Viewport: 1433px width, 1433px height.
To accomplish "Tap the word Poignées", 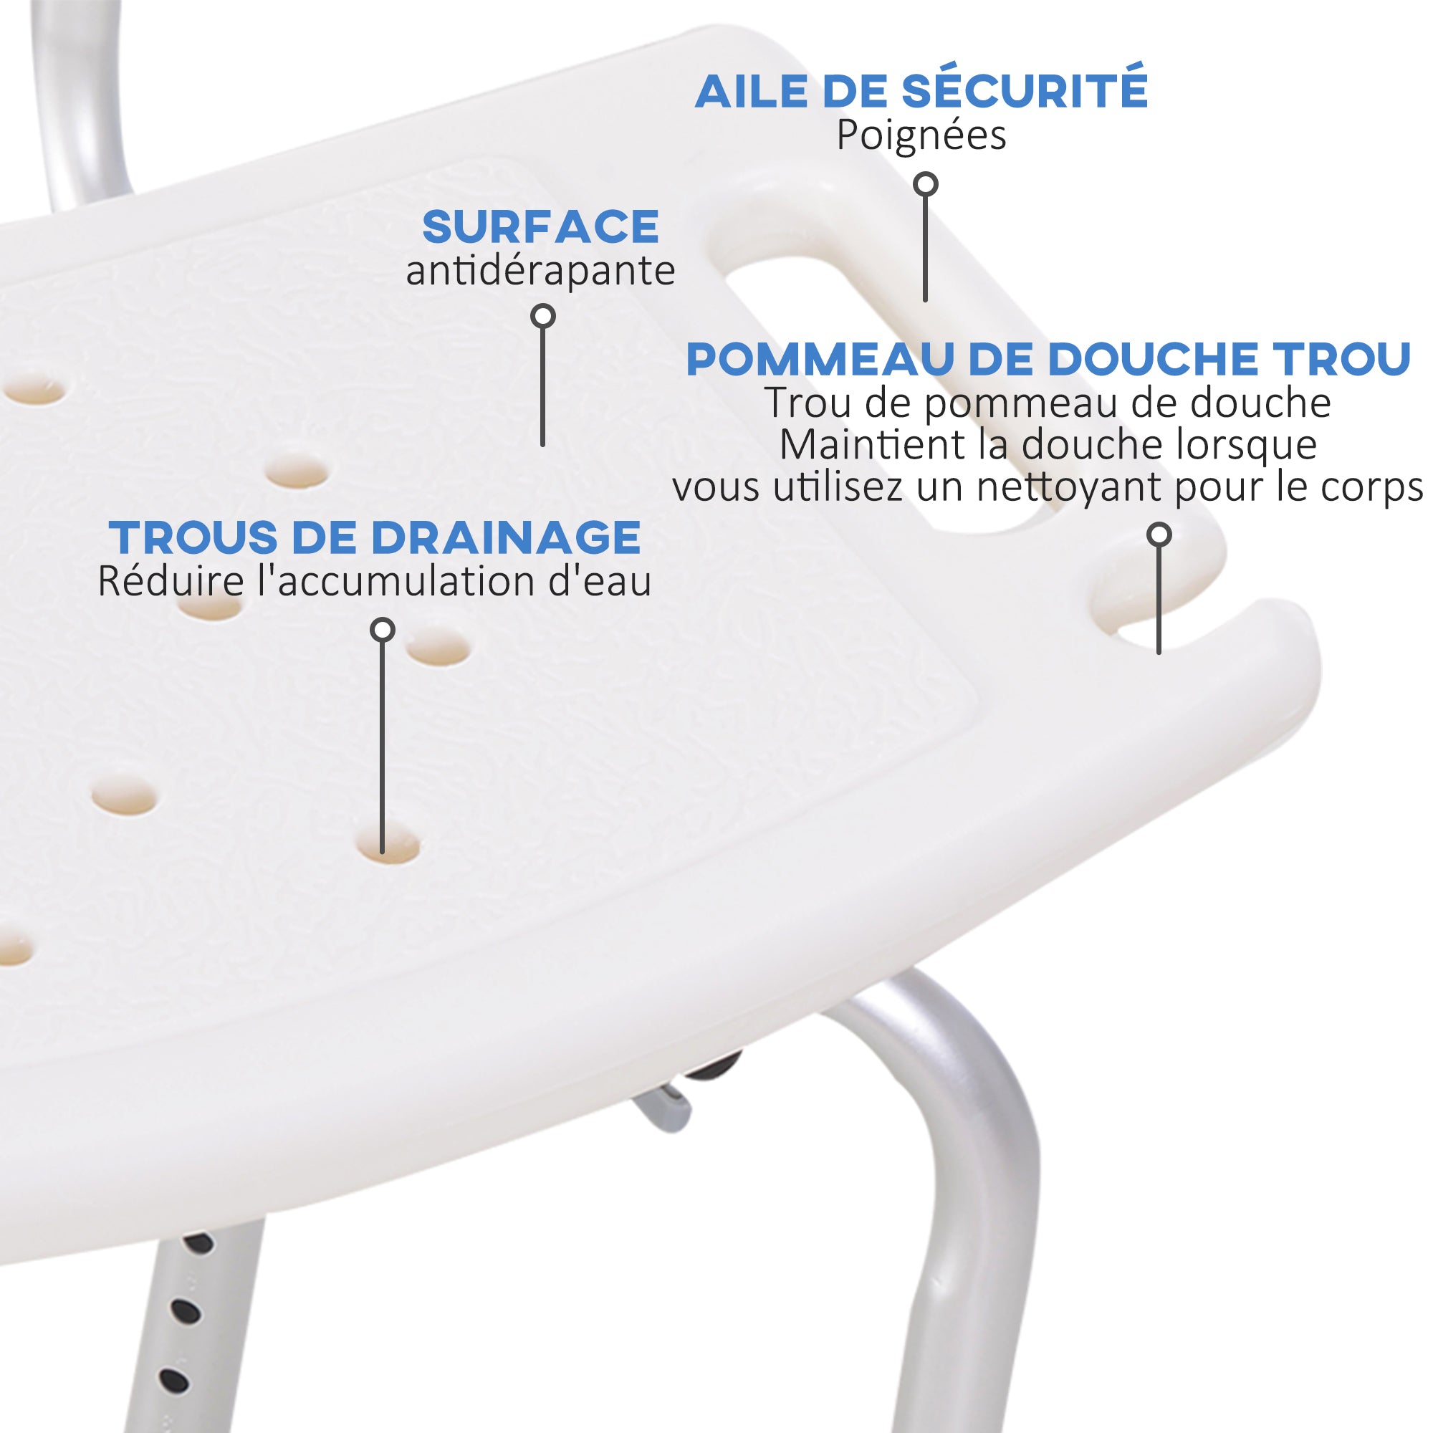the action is tap(921, 136).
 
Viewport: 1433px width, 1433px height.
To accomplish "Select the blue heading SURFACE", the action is tap(540, 226).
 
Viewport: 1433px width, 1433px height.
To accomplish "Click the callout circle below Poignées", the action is tap(925, 184).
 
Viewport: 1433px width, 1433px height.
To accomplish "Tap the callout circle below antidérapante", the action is tap(543, 316).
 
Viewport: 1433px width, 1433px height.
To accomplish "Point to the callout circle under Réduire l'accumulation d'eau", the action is tap(382, 631).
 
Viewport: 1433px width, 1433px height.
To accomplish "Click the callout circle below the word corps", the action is tap(1159, 534).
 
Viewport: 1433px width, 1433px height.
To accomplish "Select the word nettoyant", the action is tap(1070, 488).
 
